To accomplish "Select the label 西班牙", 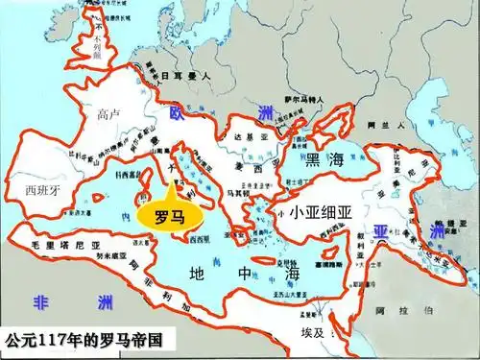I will pyautogui.click(x=43, y=189).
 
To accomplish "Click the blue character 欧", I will pyautogui.click(x=176, y=113).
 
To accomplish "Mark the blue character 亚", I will pyautogui.click(x=381, y=231).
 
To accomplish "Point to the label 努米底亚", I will pyautogui.click(x=112, y=257).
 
